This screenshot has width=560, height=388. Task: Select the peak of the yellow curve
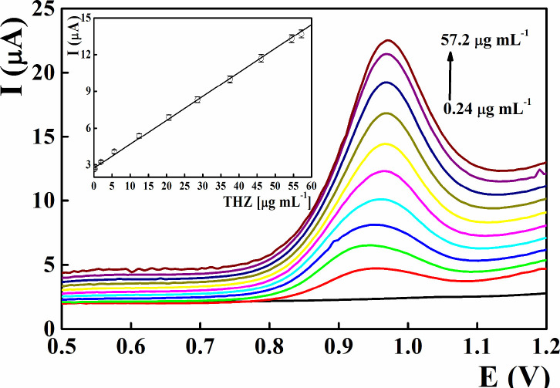point(384,143)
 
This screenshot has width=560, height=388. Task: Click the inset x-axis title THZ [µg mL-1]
point(267,204)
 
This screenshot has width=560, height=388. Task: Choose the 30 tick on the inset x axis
point(202,187)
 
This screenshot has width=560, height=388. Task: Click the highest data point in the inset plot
point(301,34)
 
